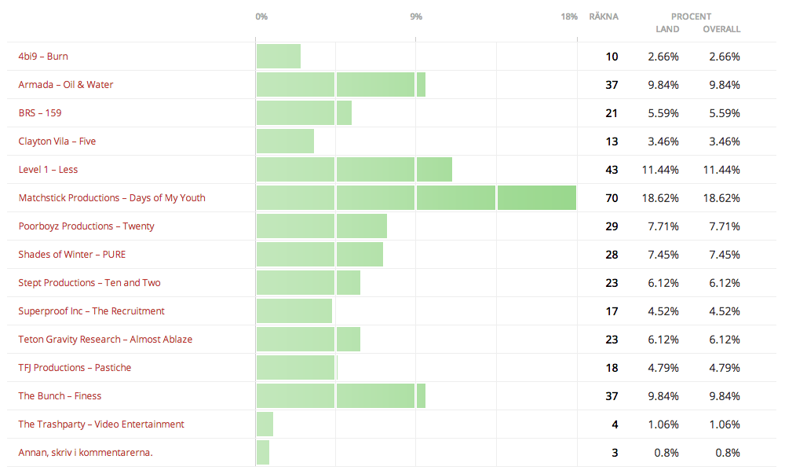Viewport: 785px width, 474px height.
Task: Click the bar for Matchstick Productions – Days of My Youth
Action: (416, 198)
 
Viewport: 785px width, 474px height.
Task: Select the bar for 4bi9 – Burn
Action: (279, 57)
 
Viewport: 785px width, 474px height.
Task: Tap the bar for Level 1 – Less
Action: (354, 170)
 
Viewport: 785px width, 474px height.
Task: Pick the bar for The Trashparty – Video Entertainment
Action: (265, 424)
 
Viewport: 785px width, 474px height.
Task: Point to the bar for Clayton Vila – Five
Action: (285, 141)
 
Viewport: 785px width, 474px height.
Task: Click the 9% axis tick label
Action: (416, 17)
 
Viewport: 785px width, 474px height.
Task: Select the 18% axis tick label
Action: (569, 17)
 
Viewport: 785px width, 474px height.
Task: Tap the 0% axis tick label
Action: (261, 17)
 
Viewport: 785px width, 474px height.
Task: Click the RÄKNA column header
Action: (603, 17)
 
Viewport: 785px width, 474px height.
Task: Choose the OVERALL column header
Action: (721, 29)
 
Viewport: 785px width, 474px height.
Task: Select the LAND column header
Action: (667, 29)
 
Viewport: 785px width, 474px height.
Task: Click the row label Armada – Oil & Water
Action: (66, 85)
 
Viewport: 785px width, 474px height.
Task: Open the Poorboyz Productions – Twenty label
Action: (86, 226)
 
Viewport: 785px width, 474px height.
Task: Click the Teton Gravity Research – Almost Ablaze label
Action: (105, 340)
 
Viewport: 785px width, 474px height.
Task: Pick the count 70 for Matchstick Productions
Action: (612, 198)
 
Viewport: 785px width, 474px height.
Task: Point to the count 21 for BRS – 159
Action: (612, 113)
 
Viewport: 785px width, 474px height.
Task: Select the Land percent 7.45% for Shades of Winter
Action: (663, 255)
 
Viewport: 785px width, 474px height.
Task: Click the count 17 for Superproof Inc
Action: (612, 311)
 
